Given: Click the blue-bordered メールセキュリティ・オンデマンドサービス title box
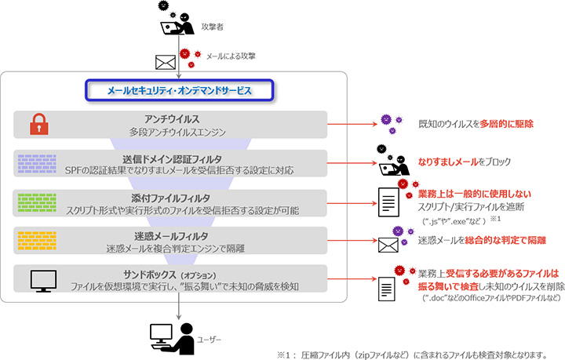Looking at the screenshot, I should [179, 91].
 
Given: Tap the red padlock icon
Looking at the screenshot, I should [34, 124].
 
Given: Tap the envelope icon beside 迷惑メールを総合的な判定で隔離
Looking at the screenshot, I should [390, 245].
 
